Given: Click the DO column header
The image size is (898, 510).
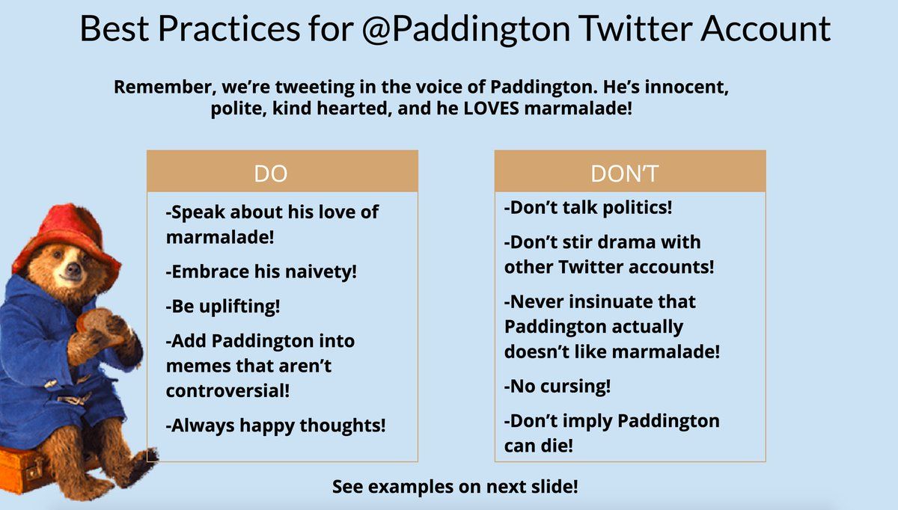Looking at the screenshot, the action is click(271, 173).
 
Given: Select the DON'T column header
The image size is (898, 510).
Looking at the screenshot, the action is click(624, 173).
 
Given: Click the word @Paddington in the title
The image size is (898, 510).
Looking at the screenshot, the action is click(465, 29).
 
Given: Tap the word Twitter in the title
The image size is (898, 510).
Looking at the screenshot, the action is click(635, 28).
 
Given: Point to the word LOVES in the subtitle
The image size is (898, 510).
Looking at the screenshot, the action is click(491, 108).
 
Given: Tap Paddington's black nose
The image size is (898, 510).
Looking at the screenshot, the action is click(74, 267).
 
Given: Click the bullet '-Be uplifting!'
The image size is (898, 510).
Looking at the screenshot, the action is click(223, 307).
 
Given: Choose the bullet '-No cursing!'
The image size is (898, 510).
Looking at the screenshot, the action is click(558, 386).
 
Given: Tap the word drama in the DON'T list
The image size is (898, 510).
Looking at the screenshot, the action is click(626, 242).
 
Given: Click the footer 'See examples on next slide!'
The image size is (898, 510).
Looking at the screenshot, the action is click(455, 486).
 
